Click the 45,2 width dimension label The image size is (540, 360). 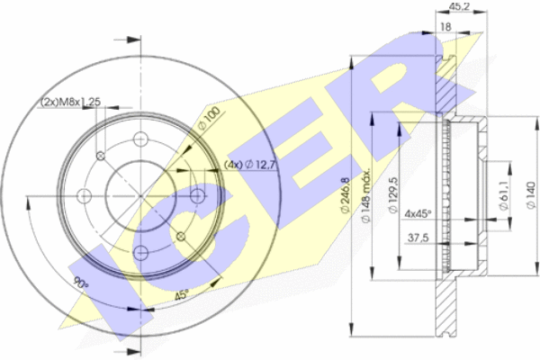tap(459, 6)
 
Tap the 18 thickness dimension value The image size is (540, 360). tap(445, 26)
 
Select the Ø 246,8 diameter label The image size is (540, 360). tap(346, 195)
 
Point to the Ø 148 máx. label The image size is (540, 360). tap(365, 195)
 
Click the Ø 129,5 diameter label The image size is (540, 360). tap(393, 195)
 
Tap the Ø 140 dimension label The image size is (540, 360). tap(531, 195)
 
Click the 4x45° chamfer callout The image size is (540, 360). tap(418, 214)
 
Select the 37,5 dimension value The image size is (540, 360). tap(418, 238)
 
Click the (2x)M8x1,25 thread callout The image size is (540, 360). tap(70, 102)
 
